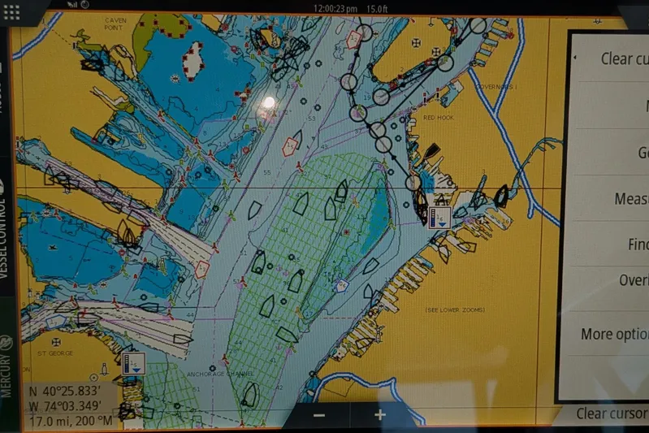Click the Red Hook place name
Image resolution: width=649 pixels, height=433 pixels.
coord(439,118)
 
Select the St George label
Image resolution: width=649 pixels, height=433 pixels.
coord(55,353)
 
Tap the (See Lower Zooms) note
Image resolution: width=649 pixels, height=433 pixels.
coord(454,310)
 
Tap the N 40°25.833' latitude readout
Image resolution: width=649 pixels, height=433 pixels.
coord(66,391)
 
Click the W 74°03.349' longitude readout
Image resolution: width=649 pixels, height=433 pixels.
coord(66,405)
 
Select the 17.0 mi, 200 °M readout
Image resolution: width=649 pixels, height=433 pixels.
coord(71,421)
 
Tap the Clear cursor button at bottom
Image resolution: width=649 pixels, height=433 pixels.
coord(612,414)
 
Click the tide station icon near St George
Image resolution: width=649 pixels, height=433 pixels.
coord(134,362)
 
